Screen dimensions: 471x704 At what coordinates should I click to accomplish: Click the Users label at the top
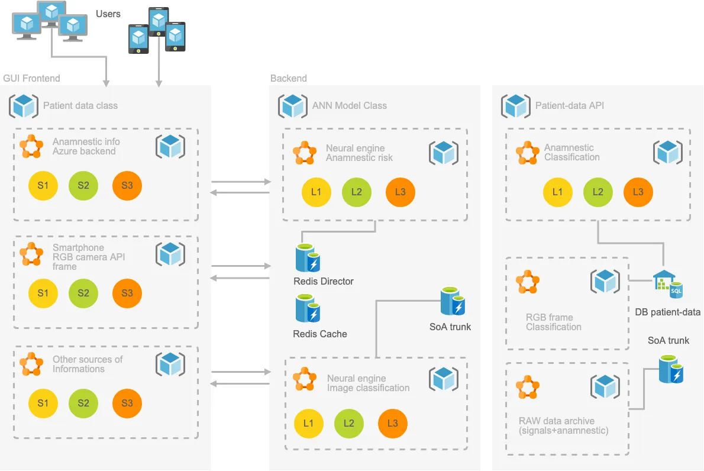tap(108, 14)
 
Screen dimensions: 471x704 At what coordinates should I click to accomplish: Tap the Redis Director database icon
tap(308, 258)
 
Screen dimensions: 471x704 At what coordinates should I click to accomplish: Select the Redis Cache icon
tap(308, 309)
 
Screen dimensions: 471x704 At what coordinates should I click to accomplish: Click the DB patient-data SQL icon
tap(667, 285)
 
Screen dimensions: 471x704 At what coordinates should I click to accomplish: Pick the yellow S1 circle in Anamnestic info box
tap(43, 185)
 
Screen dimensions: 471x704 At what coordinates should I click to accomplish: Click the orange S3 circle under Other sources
tap(127, 403)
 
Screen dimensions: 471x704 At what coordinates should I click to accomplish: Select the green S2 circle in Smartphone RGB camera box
tap(83, 293)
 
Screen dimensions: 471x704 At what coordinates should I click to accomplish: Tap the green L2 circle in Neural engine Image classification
tap(348, 423)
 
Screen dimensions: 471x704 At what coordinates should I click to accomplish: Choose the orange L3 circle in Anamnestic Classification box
tap(638, 192)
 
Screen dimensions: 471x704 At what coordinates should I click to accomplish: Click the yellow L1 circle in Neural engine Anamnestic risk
tap(316, 192)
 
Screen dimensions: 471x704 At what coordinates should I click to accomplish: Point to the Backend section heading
tap(289, 78)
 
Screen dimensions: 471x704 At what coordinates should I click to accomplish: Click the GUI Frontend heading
tap(32, 78)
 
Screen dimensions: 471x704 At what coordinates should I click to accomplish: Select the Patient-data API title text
tap(570, 106)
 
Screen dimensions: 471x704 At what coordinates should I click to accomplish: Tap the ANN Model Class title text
tap(350, 106)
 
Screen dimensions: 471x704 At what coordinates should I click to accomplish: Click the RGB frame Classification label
tap(554, 322)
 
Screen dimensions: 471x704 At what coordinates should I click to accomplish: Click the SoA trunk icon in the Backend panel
tap(453, 302)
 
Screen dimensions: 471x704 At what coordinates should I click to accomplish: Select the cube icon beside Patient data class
tap(24, 105)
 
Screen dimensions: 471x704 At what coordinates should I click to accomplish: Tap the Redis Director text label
tap(324, 281)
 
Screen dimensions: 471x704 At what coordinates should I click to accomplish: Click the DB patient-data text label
tap(667, 312)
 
